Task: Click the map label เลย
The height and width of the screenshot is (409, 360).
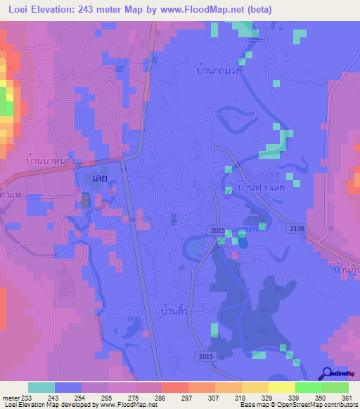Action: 99,178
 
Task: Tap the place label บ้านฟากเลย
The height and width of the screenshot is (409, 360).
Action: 261,188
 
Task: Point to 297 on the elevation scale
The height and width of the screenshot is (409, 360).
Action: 188,398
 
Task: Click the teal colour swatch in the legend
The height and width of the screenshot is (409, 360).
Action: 41,387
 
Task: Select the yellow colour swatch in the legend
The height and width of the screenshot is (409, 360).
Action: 282,387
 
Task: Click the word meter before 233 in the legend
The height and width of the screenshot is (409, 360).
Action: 9,398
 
